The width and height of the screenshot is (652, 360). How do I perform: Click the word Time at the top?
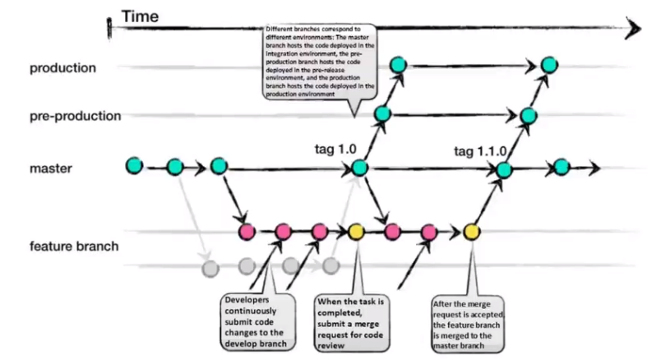click(140, 16)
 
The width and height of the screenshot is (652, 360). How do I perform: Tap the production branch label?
click(62, 67)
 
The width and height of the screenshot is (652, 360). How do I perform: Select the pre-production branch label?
click(76, 116)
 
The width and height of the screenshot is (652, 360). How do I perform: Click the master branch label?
click(51, 168)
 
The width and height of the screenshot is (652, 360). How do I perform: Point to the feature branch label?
click(74, 246)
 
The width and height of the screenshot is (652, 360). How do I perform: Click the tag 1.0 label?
click(335, 149)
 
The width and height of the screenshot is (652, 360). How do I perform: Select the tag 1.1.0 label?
click(480, 151)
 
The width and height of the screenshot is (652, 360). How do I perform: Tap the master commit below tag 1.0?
click(359, 168)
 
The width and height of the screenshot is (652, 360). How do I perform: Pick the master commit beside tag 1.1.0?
click(504, 169)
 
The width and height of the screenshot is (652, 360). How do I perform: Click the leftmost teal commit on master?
click(134, 165)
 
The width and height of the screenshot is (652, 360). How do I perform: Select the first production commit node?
click(398, 65)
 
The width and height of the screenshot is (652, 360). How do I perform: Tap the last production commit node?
click(549, 65)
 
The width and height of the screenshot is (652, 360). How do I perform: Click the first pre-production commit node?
click(382, 114)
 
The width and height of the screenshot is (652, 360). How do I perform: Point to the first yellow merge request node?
click(356, 232)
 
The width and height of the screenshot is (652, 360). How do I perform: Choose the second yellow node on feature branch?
click(472, 232)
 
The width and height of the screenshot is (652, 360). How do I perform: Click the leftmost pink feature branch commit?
click(247, 232)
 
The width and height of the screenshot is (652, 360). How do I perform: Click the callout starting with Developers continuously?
click(258, 322)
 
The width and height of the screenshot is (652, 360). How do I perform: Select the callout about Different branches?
click(320, 62)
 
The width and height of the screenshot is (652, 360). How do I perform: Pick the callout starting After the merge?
click(468, 325)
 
